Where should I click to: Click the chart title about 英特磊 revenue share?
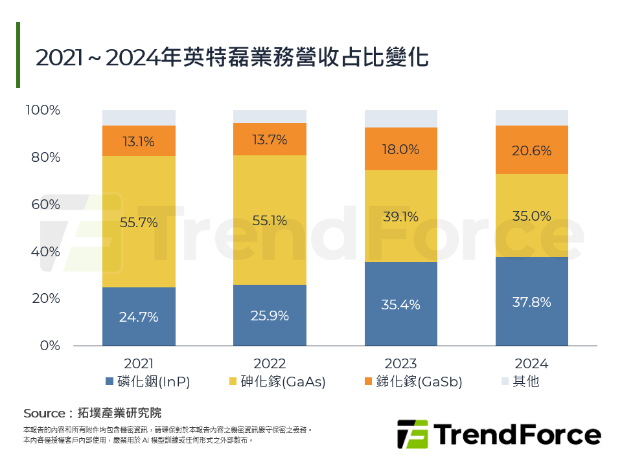tap(232, 57)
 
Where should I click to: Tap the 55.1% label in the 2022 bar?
tap(270, 221)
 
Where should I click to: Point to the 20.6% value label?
tap(531, 151)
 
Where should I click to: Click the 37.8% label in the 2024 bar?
tap(531, 302)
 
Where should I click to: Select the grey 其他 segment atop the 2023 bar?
tap(400, 118)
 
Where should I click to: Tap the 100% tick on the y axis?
tap(43, 111)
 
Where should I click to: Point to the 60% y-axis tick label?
tap(45, 205)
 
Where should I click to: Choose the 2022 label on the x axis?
tap(270, 364)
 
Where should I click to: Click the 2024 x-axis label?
tap(531, 364)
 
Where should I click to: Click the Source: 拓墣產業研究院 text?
tap(92, 413)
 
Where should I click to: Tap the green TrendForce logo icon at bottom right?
tap(412, 434)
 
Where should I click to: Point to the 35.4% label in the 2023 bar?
tap(400, 305)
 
